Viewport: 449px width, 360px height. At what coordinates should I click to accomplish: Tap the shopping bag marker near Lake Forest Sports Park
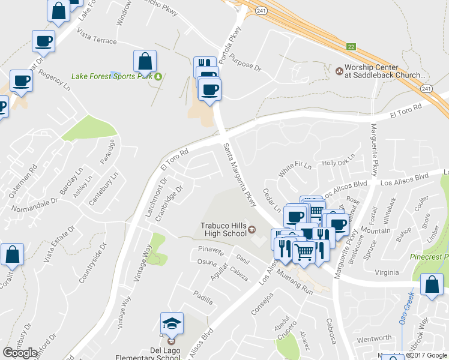click(x=145, y=61)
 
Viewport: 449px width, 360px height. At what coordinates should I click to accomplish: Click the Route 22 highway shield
click(x=351, y=46)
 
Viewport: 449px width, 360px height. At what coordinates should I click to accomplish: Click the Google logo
click(x=20, y=353)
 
